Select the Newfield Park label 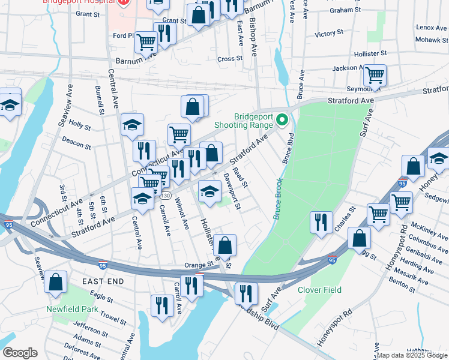(x=72, y=310)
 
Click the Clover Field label (x=319, y=290)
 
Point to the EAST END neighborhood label (x=103, y=281)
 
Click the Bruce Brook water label (x=278, y=198)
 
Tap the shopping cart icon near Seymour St (x=375, y=76)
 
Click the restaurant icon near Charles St (x=321, y=221)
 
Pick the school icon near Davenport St (x=209, y=191)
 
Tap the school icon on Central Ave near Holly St (x=132, y=124)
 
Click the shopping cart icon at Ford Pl (x=146, y=42)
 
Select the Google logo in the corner (x=20, y=353)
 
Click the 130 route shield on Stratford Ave (x=166, y=196)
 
